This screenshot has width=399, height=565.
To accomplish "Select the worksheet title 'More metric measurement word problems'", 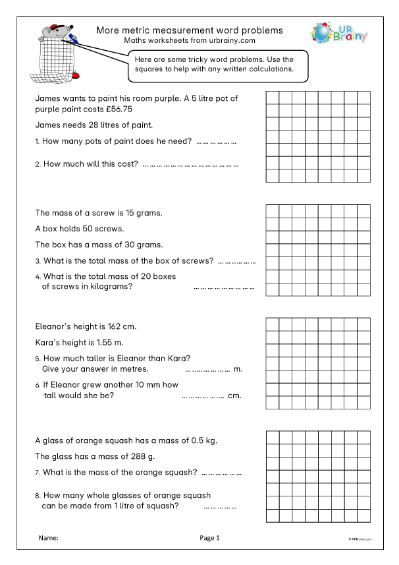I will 190,30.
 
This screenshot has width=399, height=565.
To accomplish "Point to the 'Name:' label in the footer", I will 49,538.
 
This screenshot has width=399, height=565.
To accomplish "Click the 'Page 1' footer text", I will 209,538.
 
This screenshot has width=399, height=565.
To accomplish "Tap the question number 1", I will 37,142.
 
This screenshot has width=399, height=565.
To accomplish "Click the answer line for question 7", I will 221,473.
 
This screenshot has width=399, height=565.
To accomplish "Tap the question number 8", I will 37,496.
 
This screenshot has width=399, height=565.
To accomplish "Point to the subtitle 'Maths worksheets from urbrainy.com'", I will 190,40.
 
